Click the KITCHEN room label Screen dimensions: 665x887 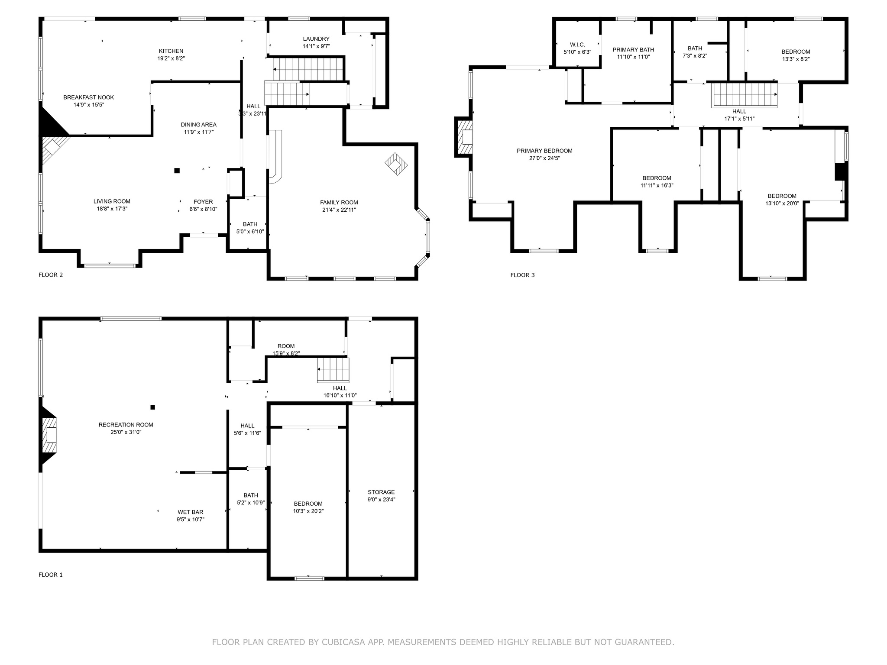click(171, 51)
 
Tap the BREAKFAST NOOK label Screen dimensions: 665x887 click(88, 97)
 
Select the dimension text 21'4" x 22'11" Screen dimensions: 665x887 click(339, 210)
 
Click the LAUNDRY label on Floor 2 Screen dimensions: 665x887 click(316, 39)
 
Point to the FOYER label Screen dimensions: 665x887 click(203, 202)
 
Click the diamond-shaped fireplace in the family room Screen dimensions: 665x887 click(396, 164)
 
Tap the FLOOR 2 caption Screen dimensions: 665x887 click(51, 275)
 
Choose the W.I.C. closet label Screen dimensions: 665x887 click(577, 45)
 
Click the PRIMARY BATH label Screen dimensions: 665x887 click(633, 50)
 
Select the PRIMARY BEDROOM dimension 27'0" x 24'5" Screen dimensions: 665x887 click(544, 158)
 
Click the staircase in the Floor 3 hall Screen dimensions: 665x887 click(745, 95)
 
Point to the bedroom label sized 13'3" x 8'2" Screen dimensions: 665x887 click(795, 52)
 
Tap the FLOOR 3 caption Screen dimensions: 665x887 click(522, 275)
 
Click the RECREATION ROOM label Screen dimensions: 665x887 click(126, 425)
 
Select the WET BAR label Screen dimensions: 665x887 click(190, 512)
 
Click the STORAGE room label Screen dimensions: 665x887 click(381, 492)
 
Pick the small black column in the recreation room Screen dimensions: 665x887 click(152, 407)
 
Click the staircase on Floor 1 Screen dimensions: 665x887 click(333, 370)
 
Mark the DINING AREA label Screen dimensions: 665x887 click(198, 125)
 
